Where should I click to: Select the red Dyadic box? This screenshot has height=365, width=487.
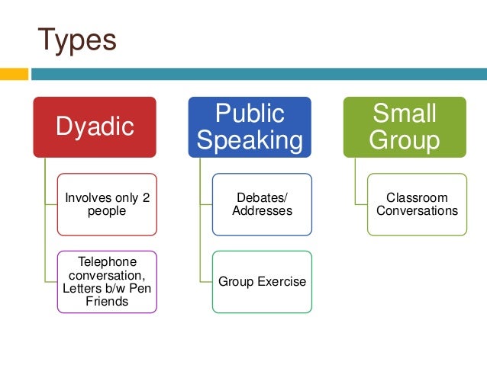[95, 126]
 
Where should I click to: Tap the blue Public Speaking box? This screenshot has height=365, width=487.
[250, 126]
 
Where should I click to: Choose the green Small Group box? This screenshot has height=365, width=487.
[405, 126]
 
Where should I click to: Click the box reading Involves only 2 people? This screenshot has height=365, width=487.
[107, 204]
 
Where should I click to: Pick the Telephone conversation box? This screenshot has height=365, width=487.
[107, 281]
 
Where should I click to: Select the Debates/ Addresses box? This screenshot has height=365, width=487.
[262, 204]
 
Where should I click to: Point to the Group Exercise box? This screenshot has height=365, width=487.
[262, 281]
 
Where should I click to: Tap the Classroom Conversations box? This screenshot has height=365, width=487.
[417, 204]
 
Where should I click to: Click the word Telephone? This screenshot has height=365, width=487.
[107, 261]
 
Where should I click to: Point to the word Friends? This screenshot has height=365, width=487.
[107, 302]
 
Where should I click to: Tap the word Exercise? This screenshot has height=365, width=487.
[282, 281]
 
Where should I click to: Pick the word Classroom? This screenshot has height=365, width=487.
[417, 197]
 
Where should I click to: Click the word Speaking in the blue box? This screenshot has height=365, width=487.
[250, 140]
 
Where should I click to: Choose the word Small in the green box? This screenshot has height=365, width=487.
[405, 114]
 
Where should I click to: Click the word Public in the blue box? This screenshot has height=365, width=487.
[250, 114]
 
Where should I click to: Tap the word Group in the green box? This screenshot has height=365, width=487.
[405, 140]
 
